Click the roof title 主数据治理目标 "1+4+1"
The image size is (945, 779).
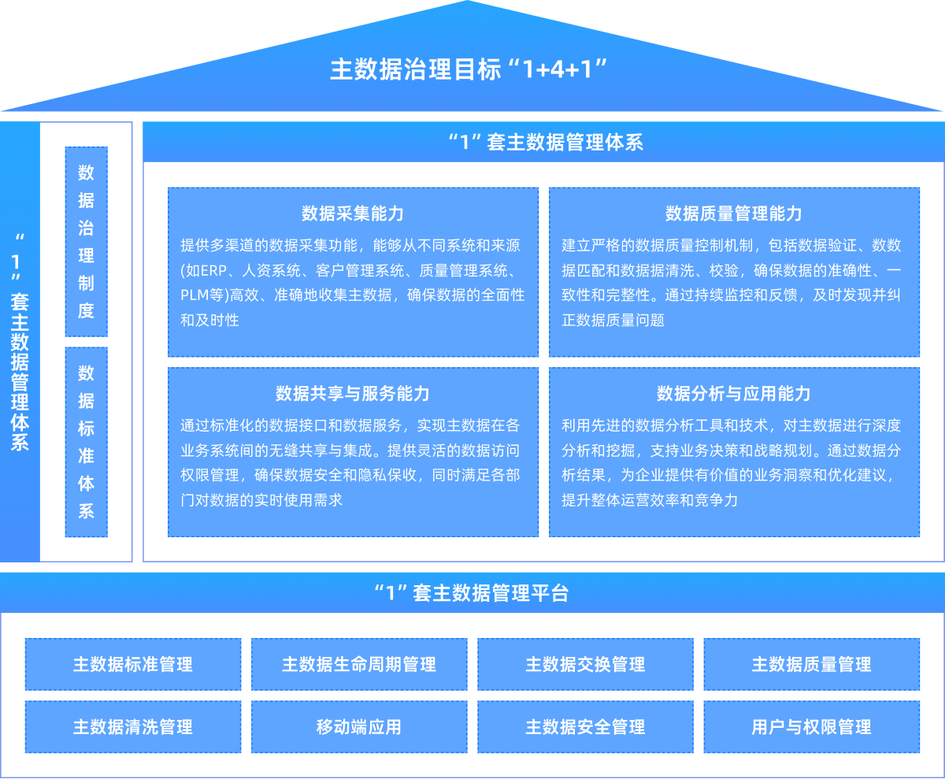471,69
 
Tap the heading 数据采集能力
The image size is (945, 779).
353,213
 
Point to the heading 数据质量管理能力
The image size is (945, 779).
734,213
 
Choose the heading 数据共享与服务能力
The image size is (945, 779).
353,394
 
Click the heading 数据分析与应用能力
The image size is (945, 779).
734,394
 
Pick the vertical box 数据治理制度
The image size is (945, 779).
86,241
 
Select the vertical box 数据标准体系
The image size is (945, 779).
86,442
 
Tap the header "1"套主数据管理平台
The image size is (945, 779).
471,592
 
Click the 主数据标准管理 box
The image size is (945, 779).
133,664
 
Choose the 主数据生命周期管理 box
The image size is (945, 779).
359,664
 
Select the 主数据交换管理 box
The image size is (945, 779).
585,664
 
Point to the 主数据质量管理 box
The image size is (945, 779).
811,664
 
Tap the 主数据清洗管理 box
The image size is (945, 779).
133,726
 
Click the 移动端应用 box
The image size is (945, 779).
359,726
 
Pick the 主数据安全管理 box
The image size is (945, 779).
585,726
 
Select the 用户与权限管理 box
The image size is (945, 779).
811,726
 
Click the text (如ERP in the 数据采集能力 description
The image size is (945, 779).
203,270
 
